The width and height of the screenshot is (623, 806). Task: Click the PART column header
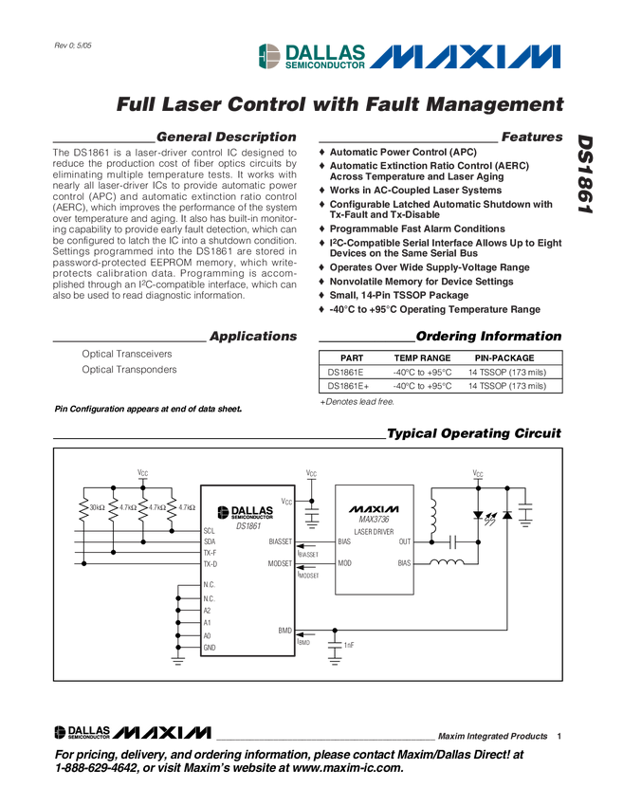click(339, 357)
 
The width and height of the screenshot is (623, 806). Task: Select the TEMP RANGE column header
click(415, 357)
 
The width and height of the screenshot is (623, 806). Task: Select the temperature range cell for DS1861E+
click(422, 386)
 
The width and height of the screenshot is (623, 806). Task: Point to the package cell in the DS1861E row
click(506, 373)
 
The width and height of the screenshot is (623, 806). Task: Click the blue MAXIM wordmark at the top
click(465, 57)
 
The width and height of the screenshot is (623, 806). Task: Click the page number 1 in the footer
click(559, 735)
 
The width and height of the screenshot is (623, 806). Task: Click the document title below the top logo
click(339, 101)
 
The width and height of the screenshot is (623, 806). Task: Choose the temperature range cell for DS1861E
click(422, 373)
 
